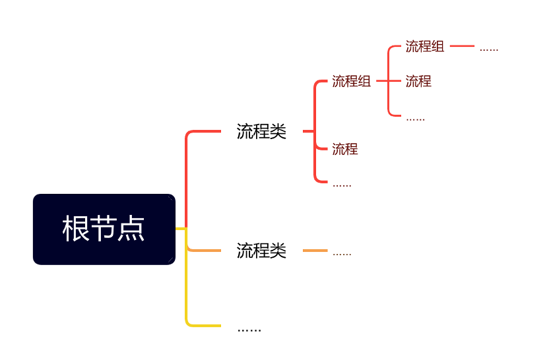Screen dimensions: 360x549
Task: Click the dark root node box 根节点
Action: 104,229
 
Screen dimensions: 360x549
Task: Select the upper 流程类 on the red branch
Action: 261,132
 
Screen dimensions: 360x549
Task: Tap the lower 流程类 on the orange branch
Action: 261,251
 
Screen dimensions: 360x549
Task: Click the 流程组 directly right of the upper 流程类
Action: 351,82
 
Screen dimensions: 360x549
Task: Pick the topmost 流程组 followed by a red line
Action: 424,47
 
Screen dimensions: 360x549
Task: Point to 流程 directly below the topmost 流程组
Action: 418,82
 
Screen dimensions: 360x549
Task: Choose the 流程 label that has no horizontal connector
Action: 344,149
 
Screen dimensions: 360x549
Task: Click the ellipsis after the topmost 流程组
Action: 488,49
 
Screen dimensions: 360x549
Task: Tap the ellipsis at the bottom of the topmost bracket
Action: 415,119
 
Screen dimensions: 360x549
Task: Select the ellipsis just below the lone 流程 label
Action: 342,185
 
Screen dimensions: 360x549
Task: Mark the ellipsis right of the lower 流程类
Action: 342,253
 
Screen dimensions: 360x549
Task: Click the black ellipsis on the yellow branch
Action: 249,328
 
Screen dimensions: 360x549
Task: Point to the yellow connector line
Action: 187,290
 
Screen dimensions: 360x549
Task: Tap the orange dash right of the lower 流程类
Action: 315,251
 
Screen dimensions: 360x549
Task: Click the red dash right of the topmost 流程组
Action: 462,47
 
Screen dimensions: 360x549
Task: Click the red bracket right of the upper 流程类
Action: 315,132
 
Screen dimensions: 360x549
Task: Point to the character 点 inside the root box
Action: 132,229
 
